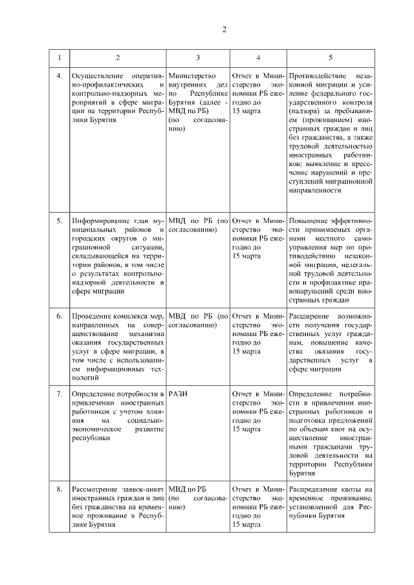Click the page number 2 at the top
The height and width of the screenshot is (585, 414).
pyautogui.click(x=224, y=30)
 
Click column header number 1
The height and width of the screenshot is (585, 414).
pyautogui.click(x=60, y=58)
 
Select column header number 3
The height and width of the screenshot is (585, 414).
pyautogui.click(x=197, y=58)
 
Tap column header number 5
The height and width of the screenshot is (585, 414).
pyautogui.click(x=330, y=58)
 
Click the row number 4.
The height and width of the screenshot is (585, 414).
pyautogui.click(x=60, y=76)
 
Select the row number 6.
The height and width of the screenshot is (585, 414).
pyautogui.click(x=60, y=315)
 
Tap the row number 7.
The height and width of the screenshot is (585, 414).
pyautogui.click(x=60, y=394)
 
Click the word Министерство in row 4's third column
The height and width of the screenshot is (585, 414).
pyautogui.click(x=191, y=76)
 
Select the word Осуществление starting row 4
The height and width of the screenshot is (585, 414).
pyautogui.click(x=97, y=76)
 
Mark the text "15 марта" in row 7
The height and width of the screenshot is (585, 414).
pyautogui.click(x=246, y=429)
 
